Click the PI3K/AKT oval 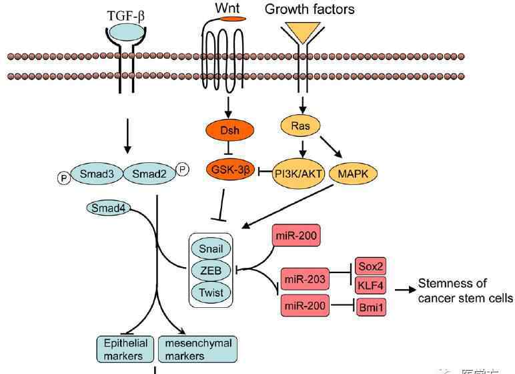coord(300,174)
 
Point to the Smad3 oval coord(97,175)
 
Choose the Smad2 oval coord(145,175)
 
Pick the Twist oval coord(210,293)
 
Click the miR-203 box coord(304,279)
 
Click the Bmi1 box coord(370,308)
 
